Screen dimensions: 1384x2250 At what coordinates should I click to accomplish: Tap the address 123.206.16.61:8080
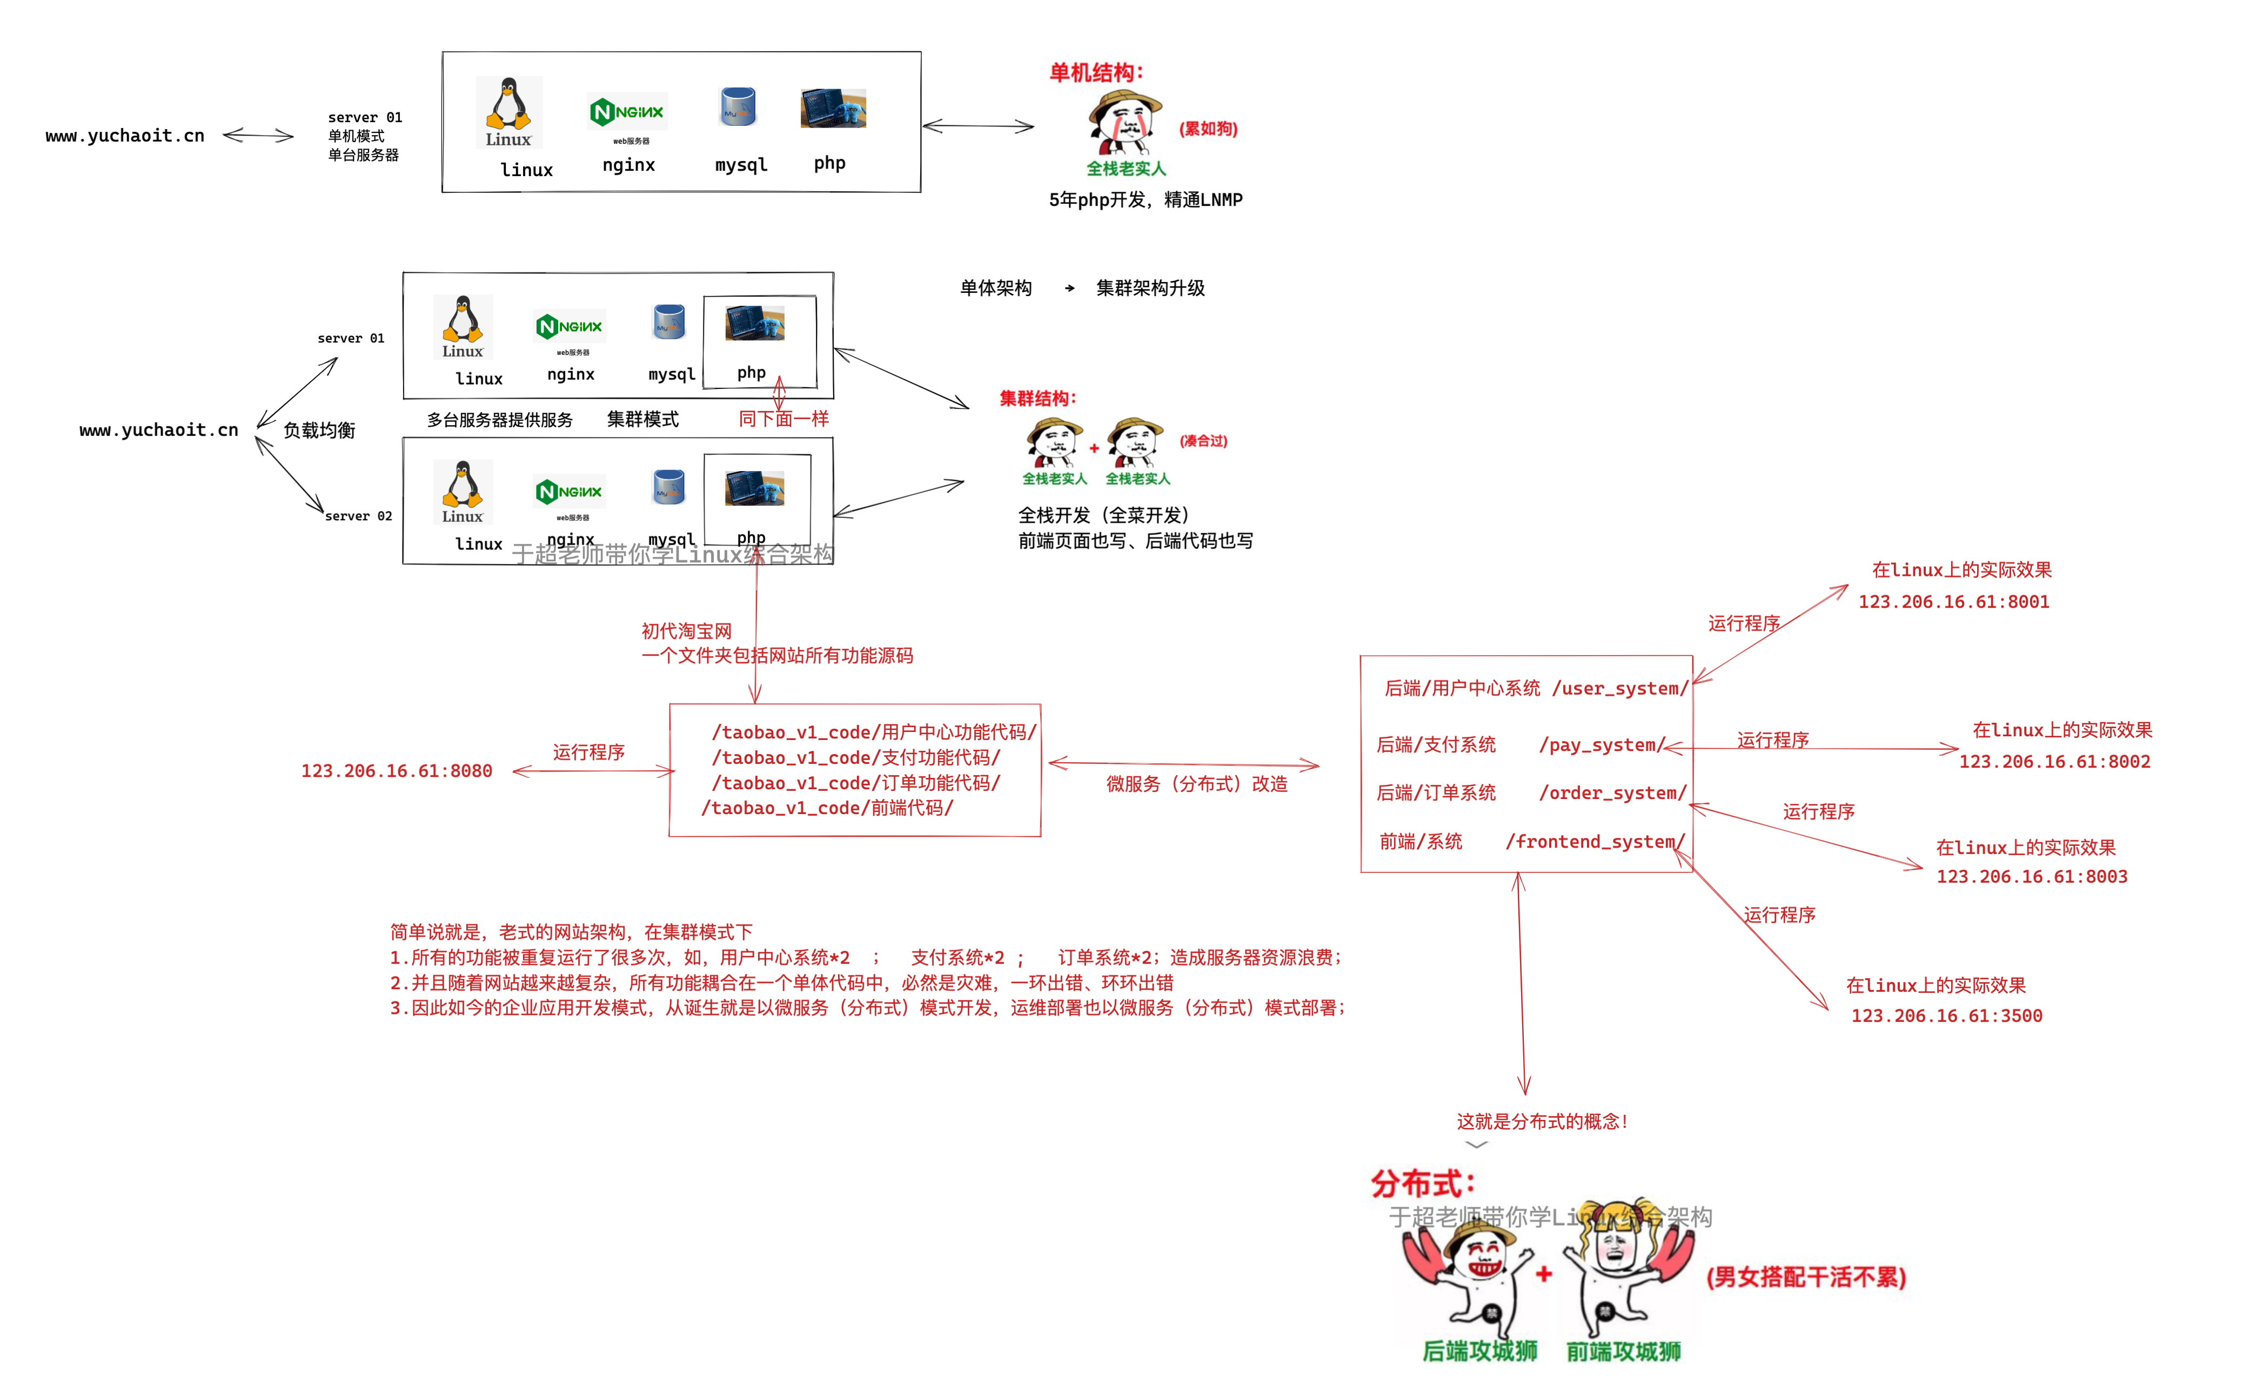coord(397,771)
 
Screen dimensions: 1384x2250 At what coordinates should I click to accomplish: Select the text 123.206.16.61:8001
coord(1953,601)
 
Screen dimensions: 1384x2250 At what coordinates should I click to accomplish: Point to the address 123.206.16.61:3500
coord(1946,1015)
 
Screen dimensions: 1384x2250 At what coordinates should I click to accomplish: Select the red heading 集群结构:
coord(1037,398)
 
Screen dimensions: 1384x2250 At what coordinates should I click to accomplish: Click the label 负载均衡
coord(319,430)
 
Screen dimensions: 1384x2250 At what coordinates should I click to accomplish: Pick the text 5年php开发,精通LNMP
coord(1145,199)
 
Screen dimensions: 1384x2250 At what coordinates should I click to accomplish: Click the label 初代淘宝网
coord(686,630)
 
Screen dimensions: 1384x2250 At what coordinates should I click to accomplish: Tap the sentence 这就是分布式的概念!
coord(1542,1121)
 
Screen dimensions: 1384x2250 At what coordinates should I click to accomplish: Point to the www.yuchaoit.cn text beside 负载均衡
coord(158,430)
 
